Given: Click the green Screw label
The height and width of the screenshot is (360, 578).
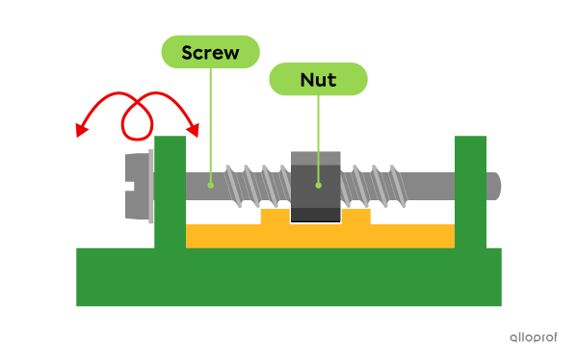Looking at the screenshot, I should pos(210,52).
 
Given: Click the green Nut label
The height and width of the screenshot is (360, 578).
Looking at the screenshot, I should pos(318,80).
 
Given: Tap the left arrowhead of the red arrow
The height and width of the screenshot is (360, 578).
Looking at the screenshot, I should pos(82,131).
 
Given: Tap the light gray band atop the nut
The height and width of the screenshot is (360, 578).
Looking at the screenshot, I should pos(315,158).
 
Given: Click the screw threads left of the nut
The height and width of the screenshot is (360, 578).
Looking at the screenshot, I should pos(256,184).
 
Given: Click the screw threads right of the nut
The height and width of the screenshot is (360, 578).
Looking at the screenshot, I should pos(380,184).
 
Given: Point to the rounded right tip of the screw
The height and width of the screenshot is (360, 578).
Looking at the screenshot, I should pos(494,185).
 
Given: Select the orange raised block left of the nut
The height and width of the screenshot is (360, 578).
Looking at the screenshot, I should pos(275,218).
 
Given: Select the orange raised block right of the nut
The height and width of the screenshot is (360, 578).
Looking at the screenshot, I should pos(355,218).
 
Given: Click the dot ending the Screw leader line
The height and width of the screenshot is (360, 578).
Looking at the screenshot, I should pos(210,184).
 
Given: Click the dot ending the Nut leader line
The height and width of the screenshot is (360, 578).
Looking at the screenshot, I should pos(318,184).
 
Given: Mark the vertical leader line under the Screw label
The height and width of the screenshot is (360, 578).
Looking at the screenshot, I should pos(210,125).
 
